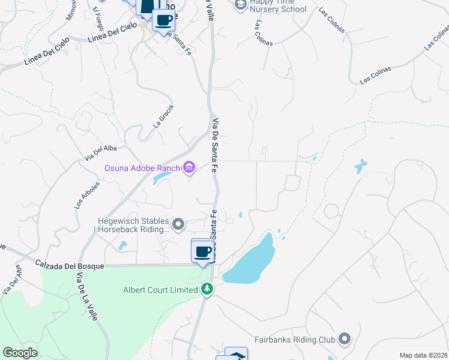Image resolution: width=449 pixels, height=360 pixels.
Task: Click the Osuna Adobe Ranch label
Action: tap(142, 168)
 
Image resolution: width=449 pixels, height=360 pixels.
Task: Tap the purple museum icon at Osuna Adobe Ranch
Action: tap(189, 167)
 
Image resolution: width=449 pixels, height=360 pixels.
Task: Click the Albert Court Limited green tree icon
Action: tap(207, 290)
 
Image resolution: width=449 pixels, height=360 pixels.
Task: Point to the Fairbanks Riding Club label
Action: tap(294, 340)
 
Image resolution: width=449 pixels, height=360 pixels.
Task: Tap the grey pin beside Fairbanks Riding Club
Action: tap(345, 340)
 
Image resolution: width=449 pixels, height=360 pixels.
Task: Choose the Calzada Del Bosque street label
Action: tap(70, 265)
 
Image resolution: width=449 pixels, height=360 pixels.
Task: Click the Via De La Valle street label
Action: tap(88, 296)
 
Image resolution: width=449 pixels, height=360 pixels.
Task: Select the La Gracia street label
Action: tap(163, 116)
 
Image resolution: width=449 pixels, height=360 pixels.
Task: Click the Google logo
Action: tap(20, 353)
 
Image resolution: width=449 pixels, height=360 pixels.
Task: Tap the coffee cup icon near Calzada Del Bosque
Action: tap(203, 251)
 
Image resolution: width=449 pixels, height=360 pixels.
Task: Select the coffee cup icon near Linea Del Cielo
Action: tap(163, 20)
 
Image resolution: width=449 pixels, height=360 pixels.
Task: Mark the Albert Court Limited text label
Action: tap(160, 290)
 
